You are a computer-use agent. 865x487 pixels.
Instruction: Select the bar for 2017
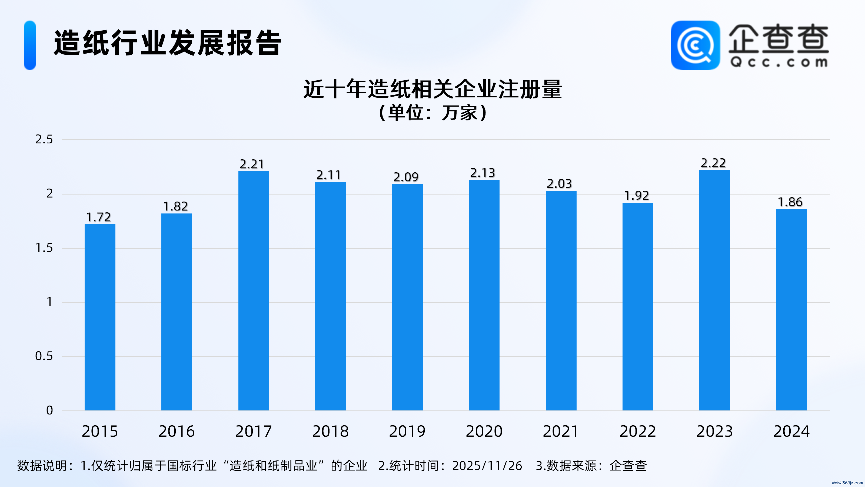click(254, 291)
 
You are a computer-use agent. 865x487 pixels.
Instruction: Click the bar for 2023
click(714, 290)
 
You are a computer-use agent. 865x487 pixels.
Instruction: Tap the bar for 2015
click(100, 317)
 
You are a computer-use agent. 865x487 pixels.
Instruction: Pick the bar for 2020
click(484, 295)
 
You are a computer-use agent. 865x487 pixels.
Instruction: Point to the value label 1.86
click(790, 202)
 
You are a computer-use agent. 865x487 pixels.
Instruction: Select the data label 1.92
click(637, 195)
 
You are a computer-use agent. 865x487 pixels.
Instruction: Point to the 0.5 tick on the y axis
click(44, 356)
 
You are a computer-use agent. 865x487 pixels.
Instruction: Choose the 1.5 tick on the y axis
click(44, 248)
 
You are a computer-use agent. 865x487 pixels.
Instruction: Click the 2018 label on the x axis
click(330, 431)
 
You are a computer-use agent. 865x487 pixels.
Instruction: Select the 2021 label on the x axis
click(561, 431)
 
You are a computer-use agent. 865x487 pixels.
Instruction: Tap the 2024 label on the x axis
click(791, 431)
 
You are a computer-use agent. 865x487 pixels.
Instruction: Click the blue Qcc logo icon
click(695, 45)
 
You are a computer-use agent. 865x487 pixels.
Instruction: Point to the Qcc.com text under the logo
click(779, 62)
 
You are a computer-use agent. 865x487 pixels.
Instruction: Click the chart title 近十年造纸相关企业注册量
click(432, 89)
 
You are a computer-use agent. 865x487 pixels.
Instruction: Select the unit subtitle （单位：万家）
click(432, 113)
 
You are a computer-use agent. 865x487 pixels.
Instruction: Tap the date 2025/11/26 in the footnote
click(487, 466)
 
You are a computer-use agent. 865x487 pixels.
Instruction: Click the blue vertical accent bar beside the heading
click(30, 45)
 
